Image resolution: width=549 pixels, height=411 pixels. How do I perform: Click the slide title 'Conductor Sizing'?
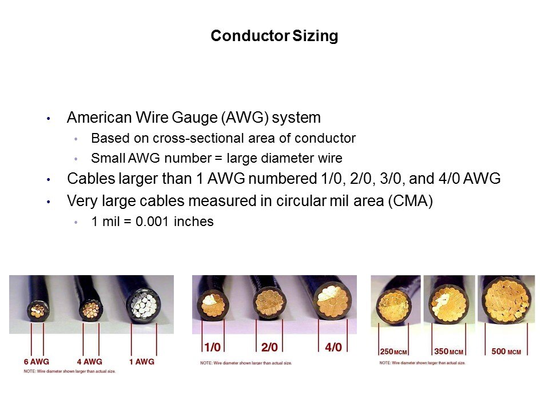pyautogui.click(x=274, y=35)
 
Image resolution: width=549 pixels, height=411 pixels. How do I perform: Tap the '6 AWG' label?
pyautogui.click(x=37, y=362)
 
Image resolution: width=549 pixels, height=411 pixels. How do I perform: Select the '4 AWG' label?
pyautogui.click(x=90, y=362)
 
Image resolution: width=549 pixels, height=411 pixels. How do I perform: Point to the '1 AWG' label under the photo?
pyautogui.click(x=142, y=362)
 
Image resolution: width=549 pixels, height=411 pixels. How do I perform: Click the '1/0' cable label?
pyautogui.click(x=213, y=347)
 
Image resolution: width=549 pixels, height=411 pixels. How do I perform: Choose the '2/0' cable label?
pyautogui.click(x=269, y=347)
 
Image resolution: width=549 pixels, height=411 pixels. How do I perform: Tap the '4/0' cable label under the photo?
pyautogui.click(x=333, y=347)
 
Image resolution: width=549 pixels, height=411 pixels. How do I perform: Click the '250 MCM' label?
pyautogui.click(x=393, y=352)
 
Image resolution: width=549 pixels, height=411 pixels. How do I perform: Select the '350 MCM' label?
pyautogui.click(x=449, y=352)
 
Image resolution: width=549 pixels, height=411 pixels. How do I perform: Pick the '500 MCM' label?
pyautogui.click(x=506, y=352)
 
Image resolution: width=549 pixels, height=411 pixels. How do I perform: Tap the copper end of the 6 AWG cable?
pyautogui.click(x=38, y=311)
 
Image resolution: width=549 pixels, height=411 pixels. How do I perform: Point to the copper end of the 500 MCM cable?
pyautogui.click(x=507, y=300)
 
